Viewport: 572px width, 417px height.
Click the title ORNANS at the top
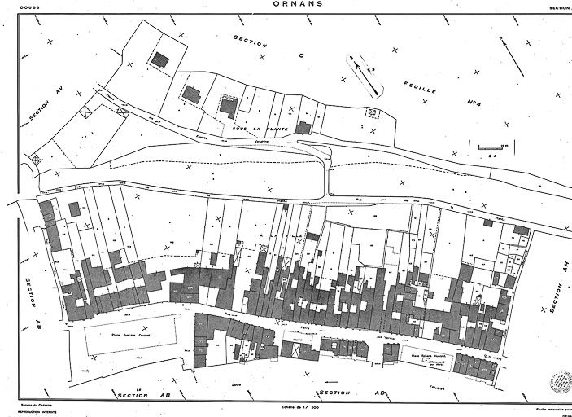pos(286,4)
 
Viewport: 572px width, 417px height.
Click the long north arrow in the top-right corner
pos(511,56)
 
